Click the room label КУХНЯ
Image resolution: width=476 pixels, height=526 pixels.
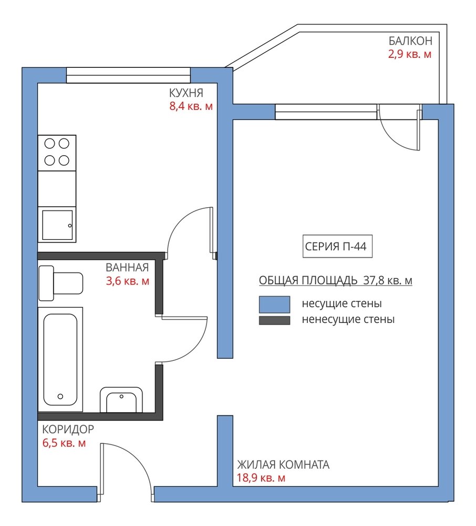186,93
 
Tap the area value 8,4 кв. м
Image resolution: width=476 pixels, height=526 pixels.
191,106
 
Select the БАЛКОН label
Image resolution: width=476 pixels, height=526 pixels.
410,41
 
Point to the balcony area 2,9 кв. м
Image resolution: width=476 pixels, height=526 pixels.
410,54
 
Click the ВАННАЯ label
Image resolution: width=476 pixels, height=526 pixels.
127,267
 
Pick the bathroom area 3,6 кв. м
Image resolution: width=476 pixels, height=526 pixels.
128,281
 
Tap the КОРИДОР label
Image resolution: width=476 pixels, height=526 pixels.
68,429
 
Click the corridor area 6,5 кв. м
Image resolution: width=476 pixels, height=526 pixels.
64,443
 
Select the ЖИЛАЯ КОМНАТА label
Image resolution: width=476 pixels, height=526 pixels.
283,464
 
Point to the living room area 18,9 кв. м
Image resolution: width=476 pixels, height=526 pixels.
261,478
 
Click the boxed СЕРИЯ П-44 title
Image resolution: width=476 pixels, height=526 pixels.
337,246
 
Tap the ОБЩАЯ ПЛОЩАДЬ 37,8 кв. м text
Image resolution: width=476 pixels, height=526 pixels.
336,280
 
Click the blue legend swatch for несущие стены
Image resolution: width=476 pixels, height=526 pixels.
274,304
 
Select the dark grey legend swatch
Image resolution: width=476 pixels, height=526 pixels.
274,320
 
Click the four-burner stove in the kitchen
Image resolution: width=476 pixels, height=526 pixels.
57,153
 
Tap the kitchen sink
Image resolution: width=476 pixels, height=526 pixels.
57,225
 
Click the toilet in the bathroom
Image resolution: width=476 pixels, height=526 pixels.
61,283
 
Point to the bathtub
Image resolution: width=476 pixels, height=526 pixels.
60,359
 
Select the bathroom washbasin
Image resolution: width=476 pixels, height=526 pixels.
121,400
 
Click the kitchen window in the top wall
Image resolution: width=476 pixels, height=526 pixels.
128,75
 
